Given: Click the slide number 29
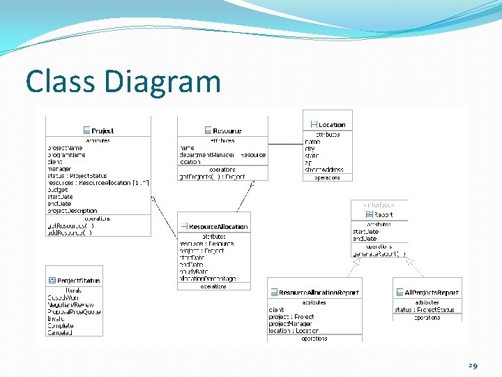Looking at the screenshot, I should tap(473, 365).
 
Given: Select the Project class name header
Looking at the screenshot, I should tap(102, 131).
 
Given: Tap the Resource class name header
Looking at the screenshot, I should tap(227, 131).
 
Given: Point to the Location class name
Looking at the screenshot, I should tap(332, 125).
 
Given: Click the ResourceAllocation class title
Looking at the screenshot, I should tap(218, 227).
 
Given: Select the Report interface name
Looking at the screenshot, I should tap(383, 215).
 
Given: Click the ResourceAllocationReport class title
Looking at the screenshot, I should tap(319, 293).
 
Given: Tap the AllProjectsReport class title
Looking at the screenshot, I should tap(432, 293).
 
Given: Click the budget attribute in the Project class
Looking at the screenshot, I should tap(57, 190).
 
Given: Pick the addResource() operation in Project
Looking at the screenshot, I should tap(70, 232).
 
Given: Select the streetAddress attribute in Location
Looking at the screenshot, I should tap(324, 169).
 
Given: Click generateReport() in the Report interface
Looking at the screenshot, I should tap(379, 253).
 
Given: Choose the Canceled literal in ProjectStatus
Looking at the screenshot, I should tap(60, 332).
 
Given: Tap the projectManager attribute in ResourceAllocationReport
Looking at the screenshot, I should tap(291, 324).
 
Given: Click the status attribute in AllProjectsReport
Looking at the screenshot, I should tap(424, 309).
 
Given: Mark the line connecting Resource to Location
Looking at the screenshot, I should tap(286, 143).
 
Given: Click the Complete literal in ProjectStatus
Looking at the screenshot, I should tap(60, 325).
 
